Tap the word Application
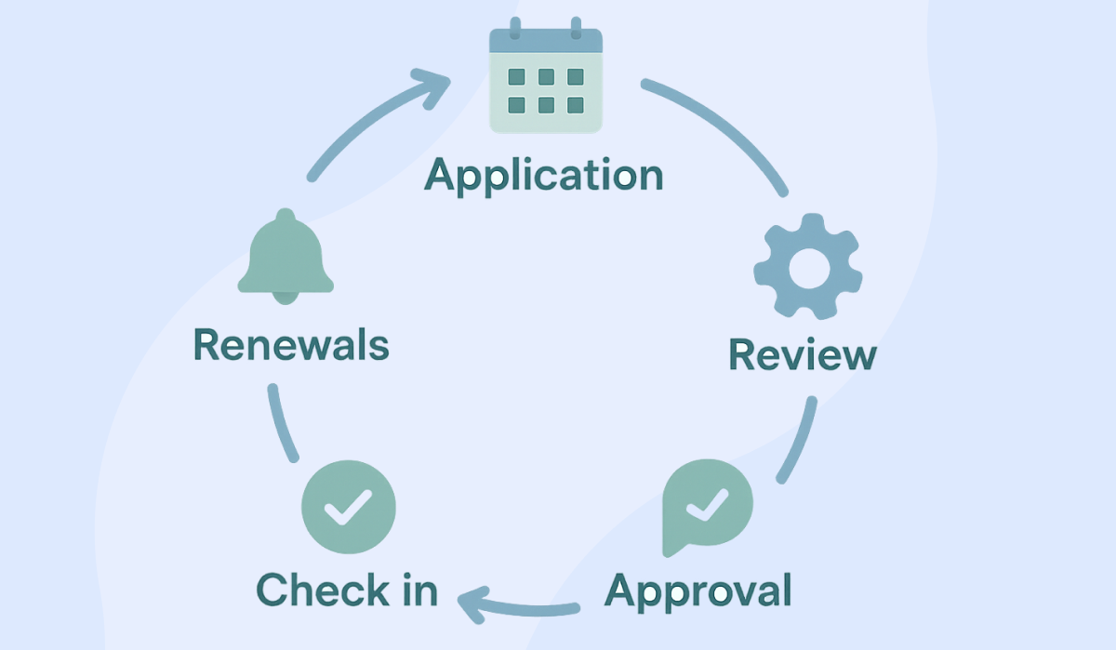(x=544, y=176)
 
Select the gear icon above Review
(x=807, y=267)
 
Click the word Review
(x=802, y=354)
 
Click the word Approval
(x=698, y=590)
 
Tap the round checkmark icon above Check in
(x=349, y=507)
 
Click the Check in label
(x=347, y=590)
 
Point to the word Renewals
(x=291, y=345)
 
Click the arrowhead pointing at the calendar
(x=436, y=84)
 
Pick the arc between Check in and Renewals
(x=283, y=422)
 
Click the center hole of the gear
(x=806, y=268)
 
